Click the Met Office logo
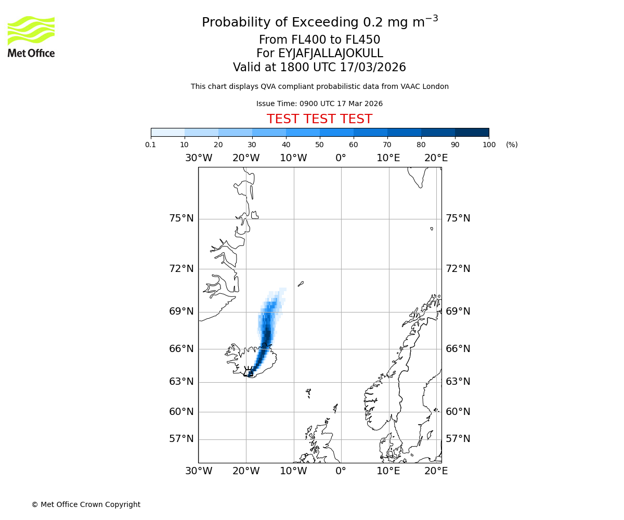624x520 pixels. (31, 36)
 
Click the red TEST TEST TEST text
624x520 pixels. (319, 119)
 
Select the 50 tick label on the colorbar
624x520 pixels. (319, 145)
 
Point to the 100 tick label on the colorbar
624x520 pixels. (489, 145)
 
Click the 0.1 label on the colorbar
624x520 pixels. (151, 145)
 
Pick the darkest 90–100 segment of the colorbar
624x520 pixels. (472, 132)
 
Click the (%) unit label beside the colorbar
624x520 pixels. (512, 145)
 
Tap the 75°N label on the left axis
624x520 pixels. (181, 218)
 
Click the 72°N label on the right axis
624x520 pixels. (458, 269)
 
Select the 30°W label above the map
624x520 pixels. (198, 158)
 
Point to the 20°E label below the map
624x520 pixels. (436, 471)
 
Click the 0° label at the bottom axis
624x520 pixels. (341, 471)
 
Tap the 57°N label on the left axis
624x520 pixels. (181, 439)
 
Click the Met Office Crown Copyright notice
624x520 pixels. (86, 504)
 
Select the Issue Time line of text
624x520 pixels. (319, 104)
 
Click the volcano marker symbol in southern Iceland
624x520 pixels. (249, 371)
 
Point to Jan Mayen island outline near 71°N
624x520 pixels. (301, 284)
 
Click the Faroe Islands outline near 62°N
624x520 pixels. (308, 393)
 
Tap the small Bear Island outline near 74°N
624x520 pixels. (432, 228)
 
